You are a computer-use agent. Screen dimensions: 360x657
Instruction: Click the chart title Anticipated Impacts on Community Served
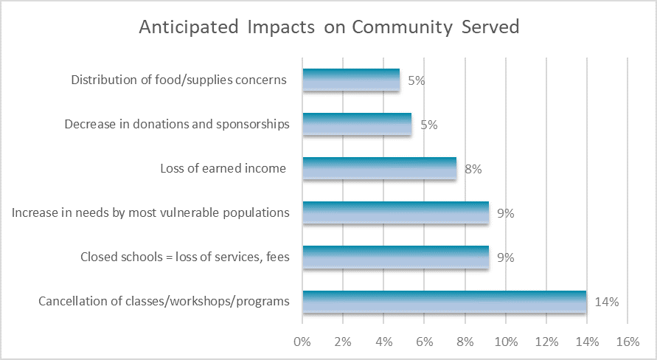pyautogui.click(x=329, y=27)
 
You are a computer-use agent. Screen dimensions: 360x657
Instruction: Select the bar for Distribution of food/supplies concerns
pyautogui.click(x=351, y=80)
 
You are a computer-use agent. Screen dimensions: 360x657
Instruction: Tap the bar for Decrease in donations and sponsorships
pyautogui.click(x=357, y=125)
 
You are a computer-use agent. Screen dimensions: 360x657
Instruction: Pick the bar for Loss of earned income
pyautogui.click(x=379, y=169)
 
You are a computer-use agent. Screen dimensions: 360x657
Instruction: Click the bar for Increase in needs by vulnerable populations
pyautogui.click(x=395, y=213)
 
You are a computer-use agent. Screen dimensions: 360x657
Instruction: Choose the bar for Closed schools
pyautogui.click(x=395, y=257)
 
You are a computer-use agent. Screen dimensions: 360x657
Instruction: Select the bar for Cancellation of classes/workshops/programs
pyautogui.click(x=445, y=302)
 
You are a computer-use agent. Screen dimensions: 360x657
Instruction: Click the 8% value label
pyautogui.click(x=473, y=169)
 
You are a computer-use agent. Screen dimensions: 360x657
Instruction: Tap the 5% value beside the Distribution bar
pyautogui.click(x=416, y=80)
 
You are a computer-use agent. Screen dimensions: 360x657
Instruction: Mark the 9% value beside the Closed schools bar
pyautogui.click(x=505, y=257)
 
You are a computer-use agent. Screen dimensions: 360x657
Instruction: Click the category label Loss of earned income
pyautogui.click(x=223, y=169)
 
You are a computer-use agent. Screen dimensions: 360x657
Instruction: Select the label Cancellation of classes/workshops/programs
pyautogui.click(x=164, y=302)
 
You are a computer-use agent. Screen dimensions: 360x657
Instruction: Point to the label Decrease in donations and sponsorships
pyautogui.click(x=177, y=125)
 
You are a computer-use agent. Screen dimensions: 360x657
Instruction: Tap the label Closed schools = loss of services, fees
pyautogui.click(x=184, y=257)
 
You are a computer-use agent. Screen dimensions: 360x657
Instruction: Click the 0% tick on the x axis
pyautogui.click(x=302, y=342)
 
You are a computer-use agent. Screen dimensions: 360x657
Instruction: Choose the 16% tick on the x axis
pyautogui.click(x=628, y=342)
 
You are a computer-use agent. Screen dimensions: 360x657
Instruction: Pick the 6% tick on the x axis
pyautogui.click(x=424, y=342)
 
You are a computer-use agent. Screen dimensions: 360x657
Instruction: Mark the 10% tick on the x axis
pyautogui.click(x=506, y=342)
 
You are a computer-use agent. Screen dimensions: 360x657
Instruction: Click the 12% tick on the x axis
pyautogui.click(x=546, y=342)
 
